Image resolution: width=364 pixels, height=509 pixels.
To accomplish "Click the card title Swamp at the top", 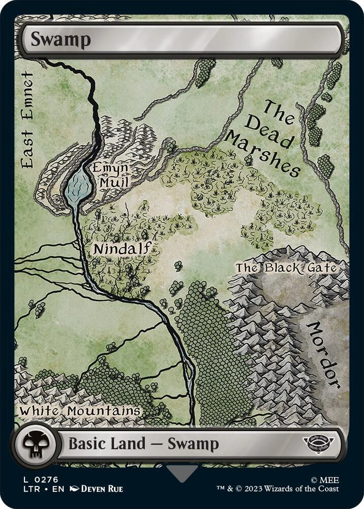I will [x=60, y=39].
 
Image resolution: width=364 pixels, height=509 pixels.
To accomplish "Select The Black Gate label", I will [x=286, y=267].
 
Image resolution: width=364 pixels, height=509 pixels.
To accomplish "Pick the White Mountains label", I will [x=80, y=410].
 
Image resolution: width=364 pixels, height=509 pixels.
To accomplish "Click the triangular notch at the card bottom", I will [x=182, y=473].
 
